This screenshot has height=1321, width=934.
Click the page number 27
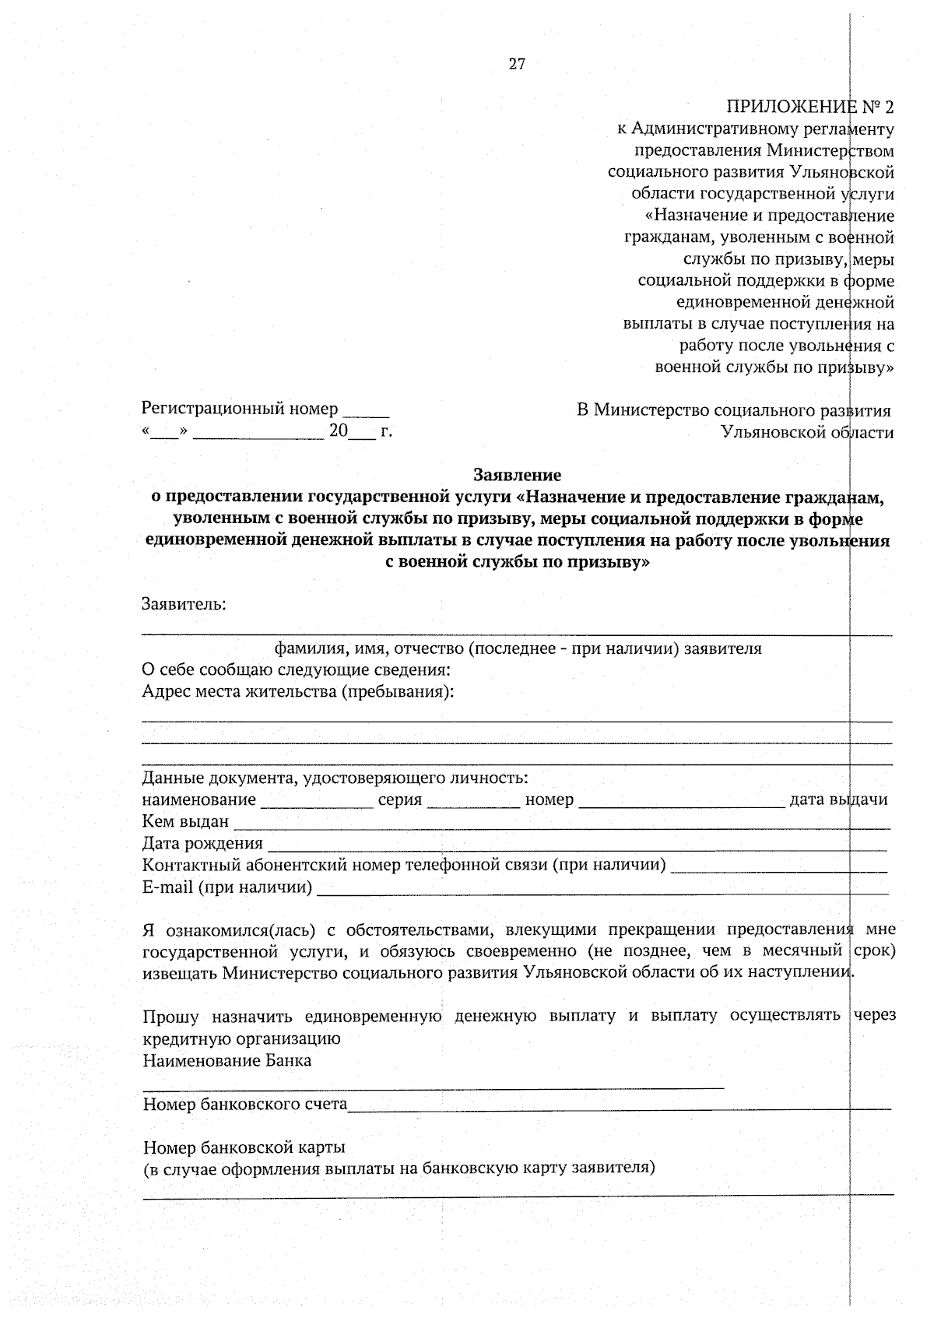[517, 65]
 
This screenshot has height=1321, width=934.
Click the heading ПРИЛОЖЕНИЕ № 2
[809, 107]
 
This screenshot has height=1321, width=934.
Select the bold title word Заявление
[517, 474]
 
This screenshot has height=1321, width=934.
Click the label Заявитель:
[184, 604]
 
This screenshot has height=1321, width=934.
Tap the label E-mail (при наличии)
[227, 887]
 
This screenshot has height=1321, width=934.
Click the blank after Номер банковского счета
[619, 1106]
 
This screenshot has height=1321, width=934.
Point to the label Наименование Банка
[227, 1061]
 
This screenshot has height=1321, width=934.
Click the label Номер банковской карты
[244, 1147]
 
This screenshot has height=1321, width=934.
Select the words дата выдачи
[838, 799]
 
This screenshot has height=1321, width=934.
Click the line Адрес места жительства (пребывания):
[298, 691]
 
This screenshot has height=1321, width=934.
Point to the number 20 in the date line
[338, 430]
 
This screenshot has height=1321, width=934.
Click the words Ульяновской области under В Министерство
[806, 431]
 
